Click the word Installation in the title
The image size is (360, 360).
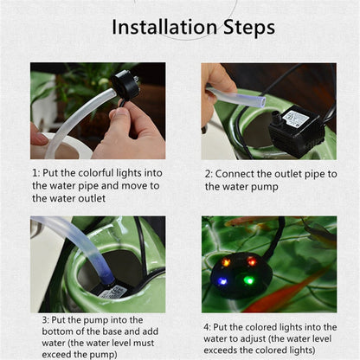point(164,27)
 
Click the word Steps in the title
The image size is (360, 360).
point(249,28)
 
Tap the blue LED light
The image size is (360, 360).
point(222,281)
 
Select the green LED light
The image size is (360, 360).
point(247,280)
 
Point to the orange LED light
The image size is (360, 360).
point(226,262)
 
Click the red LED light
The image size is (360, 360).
point(252,261)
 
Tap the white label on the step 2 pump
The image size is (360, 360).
point(293,116)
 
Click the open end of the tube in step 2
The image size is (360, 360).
point(261,102)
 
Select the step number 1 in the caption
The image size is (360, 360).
point(35,173)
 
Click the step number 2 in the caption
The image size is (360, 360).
point(208,174)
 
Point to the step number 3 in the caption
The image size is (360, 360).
point(45,320)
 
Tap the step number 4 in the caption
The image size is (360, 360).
point(207,327)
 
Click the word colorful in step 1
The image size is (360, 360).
point(96,173)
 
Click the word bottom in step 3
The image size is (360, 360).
point(57,331)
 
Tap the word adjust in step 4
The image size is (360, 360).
point(248,339)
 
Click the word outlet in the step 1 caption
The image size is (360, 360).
point(92,198)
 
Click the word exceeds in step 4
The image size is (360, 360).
point(221,350)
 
